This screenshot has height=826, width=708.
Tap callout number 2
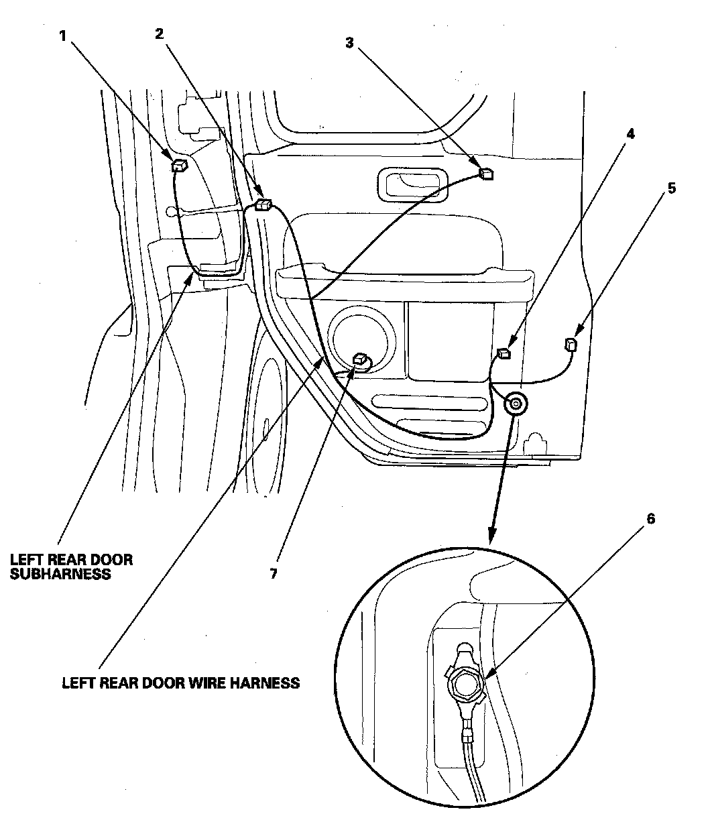coord(159,34)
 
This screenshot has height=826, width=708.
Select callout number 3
coord(349,43)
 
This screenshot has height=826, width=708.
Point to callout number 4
coord(630,133)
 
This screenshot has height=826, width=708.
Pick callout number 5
coord(671,188)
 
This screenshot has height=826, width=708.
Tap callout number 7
coord(274,574)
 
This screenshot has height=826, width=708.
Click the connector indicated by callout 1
coord(179,166)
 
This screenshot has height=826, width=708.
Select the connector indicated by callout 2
coord(263,205)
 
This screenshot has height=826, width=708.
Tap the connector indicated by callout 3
coord(487,173)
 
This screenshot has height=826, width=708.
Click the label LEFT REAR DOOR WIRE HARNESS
coord(180,683)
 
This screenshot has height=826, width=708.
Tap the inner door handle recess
coord(410,184)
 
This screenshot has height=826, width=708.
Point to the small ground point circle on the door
coord(516,404)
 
